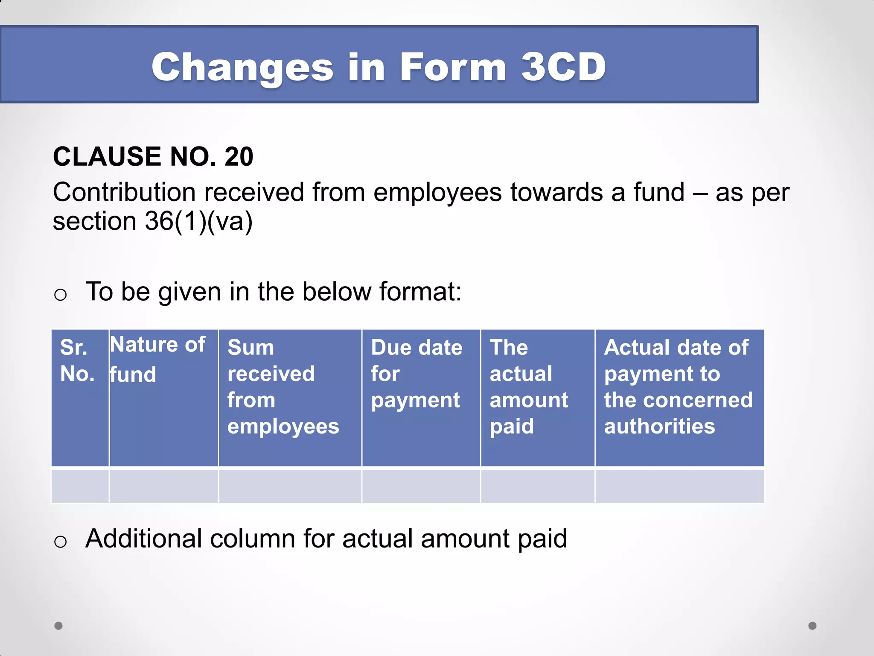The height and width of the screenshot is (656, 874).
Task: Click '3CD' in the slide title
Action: coord(563,67)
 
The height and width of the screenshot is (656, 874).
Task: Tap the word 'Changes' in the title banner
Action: coord(242,68)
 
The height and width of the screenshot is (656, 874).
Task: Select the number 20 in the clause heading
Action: coord(239,156)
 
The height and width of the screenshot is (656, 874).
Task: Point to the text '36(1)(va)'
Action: coord(199,221)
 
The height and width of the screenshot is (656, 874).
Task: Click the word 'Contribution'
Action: coord(124,192)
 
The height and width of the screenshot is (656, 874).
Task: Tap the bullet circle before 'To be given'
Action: coord(61,295)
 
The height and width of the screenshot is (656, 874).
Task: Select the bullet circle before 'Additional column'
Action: coord(61,542)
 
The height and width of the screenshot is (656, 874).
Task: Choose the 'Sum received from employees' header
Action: coord(283,387)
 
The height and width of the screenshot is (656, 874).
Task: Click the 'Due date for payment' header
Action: coord(417,374)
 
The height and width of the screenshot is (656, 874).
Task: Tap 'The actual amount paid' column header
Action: coord(529,387)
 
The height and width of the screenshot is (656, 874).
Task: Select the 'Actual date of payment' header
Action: coord(678,387)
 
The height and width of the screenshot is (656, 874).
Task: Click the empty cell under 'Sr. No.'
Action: coord(80,486)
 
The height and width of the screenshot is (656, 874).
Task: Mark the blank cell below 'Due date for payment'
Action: coord(421,486)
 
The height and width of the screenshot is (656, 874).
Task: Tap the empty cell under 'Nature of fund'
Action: coord(164,486)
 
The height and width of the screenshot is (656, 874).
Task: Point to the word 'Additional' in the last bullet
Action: coord(143,539)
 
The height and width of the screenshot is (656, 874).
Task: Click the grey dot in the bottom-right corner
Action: coord(813,626)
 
